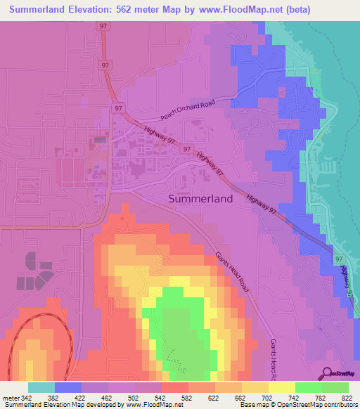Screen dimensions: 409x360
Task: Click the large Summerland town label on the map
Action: (x=200, y=199)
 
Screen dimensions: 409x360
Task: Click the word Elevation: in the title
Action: (x=89, y=10)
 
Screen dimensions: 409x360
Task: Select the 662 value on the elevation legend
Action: (x=250, y=397)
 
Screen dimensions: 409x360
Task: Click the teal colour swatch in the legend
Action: (x=41, y=387)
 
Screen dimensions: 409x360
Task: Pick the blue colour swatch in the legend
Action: (x=68, y=387)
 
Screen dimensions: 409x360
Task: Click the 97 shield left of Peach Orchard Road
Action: (x=118, y=109)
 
